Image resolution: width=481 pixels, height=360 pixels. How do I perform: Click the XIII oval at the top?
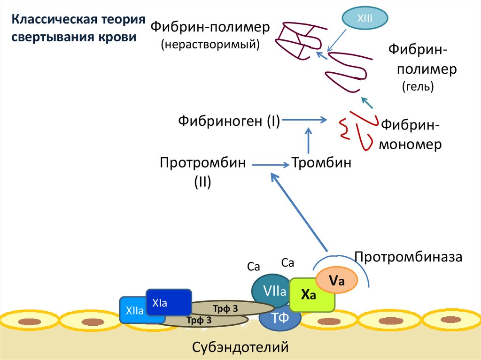(365, 18)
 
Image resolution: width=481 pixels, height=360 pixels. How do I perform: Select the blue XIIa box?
(134, 310)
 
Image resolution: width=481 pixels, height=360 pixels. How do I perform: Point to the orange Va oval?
(337, 281)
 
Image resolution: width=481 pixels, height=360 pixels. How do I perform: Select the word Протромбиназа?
(409, 257)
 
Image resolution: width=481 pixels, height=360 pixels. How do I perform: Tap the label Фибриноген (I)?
(229, 121)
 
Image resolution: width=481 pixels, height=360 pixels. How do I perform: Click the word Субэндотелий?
(240, 347)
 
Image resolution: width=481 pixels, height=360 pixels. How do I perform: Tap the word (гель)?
(418, 86)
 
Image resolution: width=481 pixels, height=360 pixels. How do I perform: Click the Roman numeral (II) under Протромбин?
(202, 181)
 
